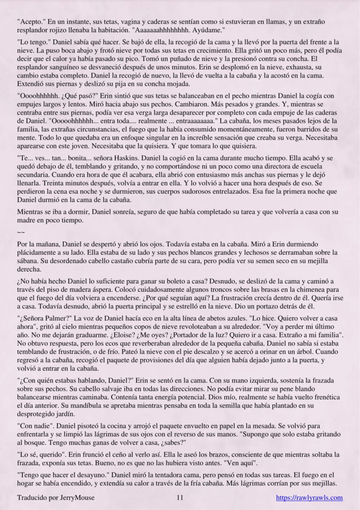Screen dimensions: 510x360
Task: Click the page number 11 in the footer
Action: (x=180, y=498)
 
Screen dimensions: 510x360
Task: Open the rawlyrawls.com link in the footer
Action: (x=309, y=498)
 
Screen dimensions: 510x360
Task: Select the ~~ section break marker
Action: (x=21, y=231)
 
